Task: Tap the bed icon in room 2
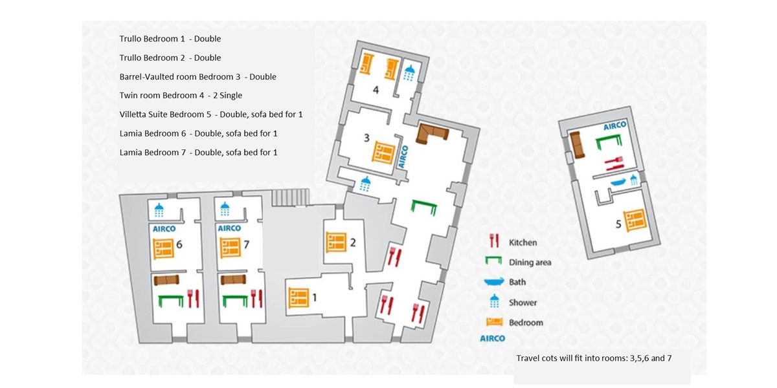pyautogui.click(x=335, y=242)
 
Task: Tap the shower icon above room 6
pyautogui.click(x=159, y=210)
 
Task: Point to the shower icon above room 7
pyautogui.click(x=225, y=210)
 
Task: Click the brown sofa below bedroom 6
pyautogui.click(x=166, y=279)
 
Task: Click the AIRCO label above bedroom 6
pyautogui.click(x=164, y=228)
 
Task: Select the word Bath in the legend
pyautogui.click(x=517, y=282)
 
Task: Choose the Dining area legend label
pyautogui.click(x=530, y=262)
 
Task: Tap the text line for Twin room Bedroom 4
pyautogui.click(x=181, y=96)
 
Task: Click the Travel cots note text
pyautogui.click(x=594, y=357)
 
